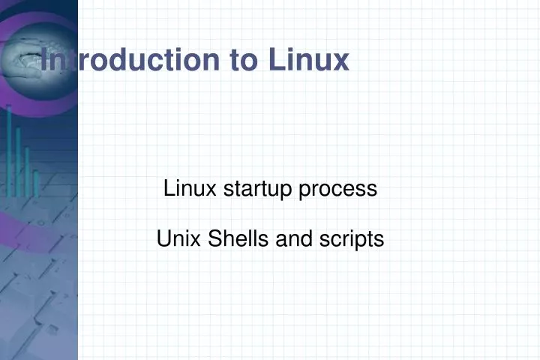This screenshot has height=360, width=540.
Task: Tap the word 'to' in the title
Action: point(241,59)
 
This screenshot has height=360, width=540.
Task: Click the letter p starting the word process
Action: point(304,190)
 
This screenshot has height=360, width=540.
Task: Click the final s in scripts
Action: point(380,240)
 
